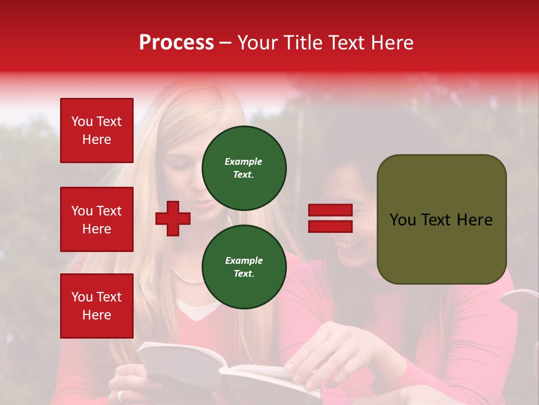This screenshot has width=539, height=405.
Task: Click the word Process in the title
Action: point(176,43)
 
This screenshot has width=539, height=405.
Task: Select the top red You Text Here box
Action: point(97,130)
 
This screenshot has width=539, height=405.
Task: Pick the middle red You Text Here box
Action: point(97,219)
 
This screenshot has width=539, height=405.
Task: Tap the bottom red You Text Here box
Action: point(97,306)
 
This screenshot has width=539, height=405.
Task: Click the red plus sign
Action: point(173,218)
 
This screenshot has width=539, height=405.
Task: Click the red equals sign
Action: point(330,218)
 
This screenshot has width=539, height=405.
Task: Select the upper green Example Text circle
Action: point(244,168)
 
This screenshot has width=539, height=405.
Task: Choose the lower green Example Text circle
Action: point(244,267)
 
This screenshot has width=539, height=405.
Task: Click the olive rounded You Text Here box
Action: point(441,219)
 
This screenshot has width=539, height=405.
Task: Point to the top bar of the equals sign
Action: point(330,210)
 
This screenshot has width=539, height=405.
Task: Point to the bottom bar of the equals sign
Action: point(330,226)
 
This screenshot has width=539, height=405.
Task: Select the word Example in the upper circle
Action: point(244,161)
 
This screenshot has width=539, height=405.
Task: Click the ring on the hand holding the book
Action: point(121,395)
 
